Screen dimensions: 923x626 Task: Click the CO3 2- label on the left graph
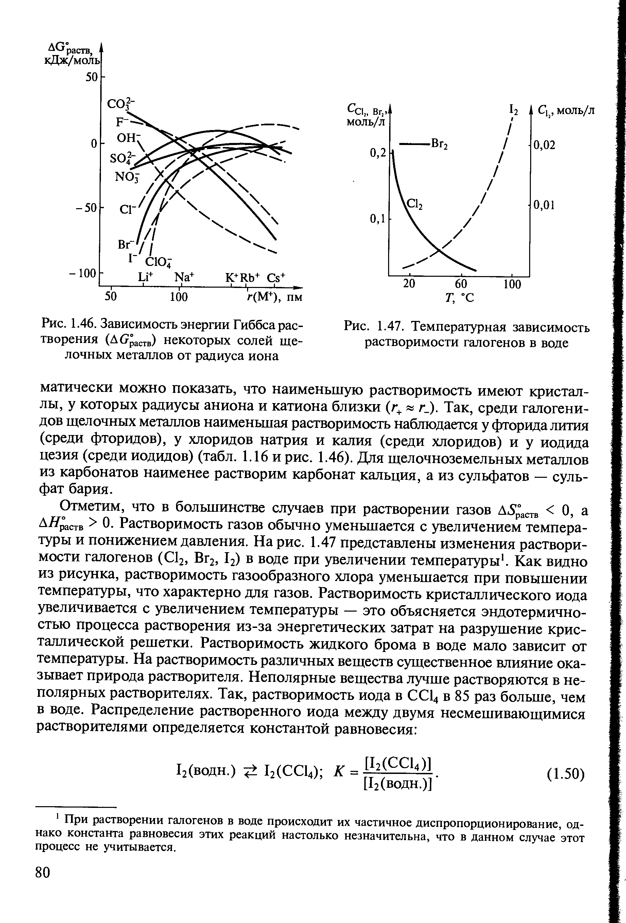pyautogui.click(x=121, y=105)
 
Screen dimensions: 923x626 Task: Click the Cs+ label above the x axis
pyautogui.click(x=276, y=277)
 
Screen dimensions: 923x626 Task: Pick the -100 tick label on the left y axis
pyautogui.click(x=85, y=273)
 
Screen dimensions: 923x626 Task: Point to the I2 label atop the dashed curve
pyautogui.click(x=514, y=110)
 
